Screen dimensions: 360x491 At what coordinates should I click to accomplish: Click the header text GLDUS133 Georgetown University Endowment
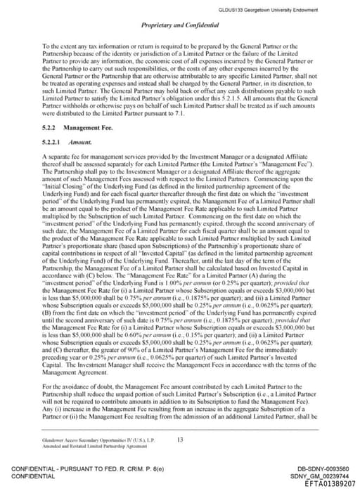279,9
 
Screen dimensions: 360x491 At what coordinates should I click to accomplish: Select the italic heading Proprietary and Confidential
180,25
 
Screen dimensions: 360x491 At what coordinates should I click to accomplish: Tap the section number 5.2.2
49,128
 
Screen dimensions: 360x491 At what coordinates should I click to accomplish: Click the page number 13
180,439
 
